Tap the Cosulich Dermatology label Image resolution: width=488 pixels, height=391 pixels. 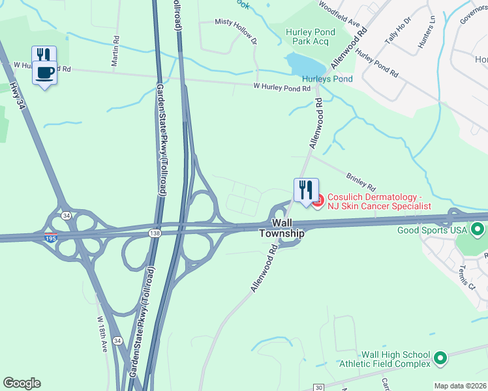[378, 201]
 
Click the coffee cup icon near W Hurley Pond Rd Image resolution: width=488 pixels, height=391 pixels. [44, 73]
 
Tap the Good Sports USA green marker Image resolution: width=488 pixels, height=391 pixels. [478, 229]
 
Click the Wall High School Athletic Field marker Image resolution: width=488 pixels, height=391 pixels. [440, 358]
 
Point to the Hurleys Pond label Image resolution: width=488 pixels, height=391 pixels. [327, 79]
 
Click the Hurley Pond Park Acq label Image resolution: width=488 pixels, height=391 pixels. [311, 37]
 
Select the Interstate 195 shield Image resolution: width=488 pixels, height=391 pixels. [51, 237]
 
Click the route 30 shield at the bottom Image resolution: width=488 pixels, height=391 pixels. [318, 387]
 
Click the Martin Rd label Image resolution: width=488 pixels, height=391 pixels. [115, 51]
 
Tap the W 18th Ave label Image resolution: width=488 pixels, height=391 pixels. [102, 335]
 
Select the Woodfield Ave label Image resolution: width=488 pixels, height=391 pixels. [339, 14]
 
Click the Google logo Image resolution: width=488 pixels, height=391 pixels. [22, 383]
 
